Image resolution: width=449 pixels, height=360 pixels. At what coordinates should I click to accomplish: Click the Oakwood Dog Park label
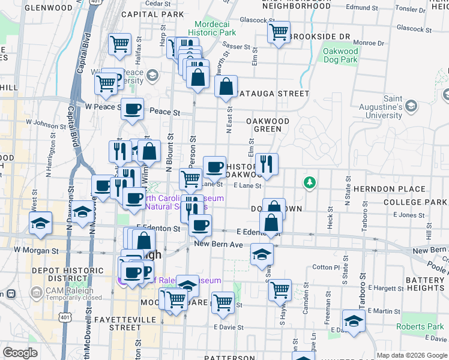pyautogui.click(x=340, y=56)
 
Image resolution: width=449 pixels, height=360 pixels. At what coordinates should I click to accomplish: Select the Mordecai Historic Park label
pyautogui.click(x=212, y=28)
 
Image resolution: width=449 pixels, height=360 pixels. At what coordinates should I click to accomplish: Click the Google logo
pyautogui.click(x=20, y=353)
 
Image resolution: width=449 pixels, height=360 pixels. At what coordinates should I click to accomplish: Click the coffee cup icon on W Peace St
pyautogui.click(x=133, y=109)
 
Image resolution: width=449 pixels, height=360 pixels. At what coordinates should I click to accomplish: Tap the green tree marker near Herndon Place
pyautogui.click(x=310, y=182)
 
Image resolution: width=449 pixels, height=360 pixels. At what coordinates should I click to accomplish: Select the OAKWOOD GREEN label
pyautogui.click(x=268, y=125)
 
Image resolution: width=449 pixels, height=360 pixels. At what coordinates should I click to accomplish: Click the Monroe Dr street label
pyautogui.click(x=368, y=43)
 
